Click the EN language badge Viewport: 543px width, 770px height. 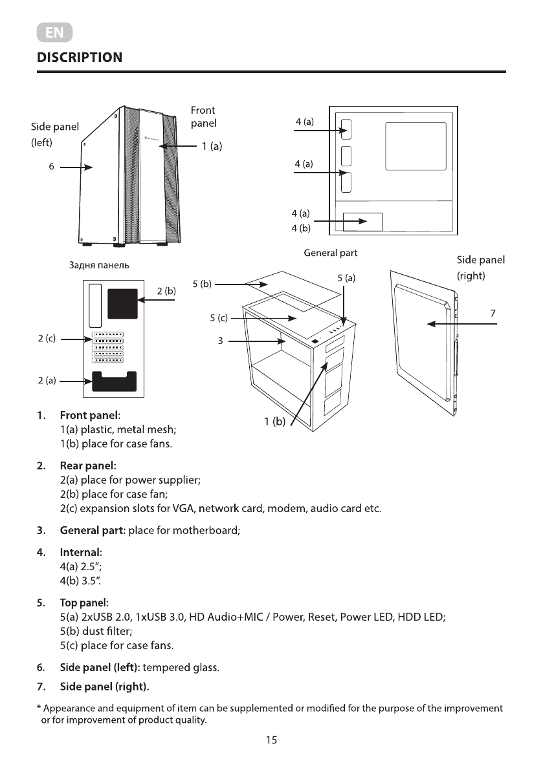point(54,32)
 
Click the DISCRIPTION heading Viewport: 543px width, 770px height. point(80,58)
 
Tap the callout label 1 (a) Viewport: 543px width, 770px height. point(212,147)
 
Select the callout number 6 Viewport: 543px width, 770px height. point(51,167)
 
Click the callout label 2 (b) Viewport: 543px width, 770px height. point(166,291)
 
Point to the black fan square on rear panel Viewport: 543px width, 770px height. point(122,303)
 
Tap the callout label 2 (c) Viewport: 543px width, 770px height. point(46,338)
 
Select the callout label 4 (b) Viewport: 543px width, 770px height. point(301,228)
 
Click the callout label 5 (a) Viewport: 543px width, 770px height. point(347,278)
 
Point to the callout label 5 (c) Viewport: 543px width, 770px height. point(219,318)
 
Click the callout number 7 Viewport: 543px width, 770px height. point(493,313)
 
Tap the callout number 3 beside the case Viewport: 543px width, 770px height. point(220,341)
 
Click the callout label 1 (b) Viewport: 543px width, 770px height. point(274,422)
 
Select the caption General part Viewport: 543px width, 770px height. point(330,253)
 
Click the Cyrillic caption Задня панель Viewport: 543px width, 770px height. point(99,265)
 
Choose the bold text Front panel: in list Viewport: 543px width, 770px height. point(90,414)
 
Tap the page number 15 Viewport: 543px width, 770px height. point(271,740)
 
